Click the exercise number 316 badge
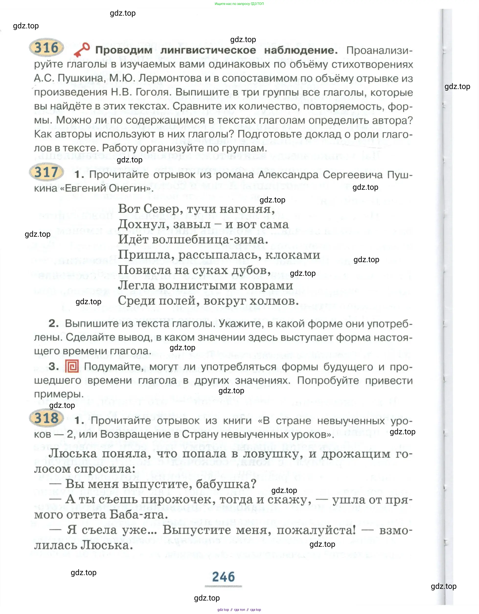(46, 47)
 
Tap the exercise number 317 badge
(46, 172)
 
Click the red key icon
(81, 50)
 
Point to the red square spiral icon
(72, 366)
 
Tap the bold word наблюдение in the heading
(301, 50)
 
